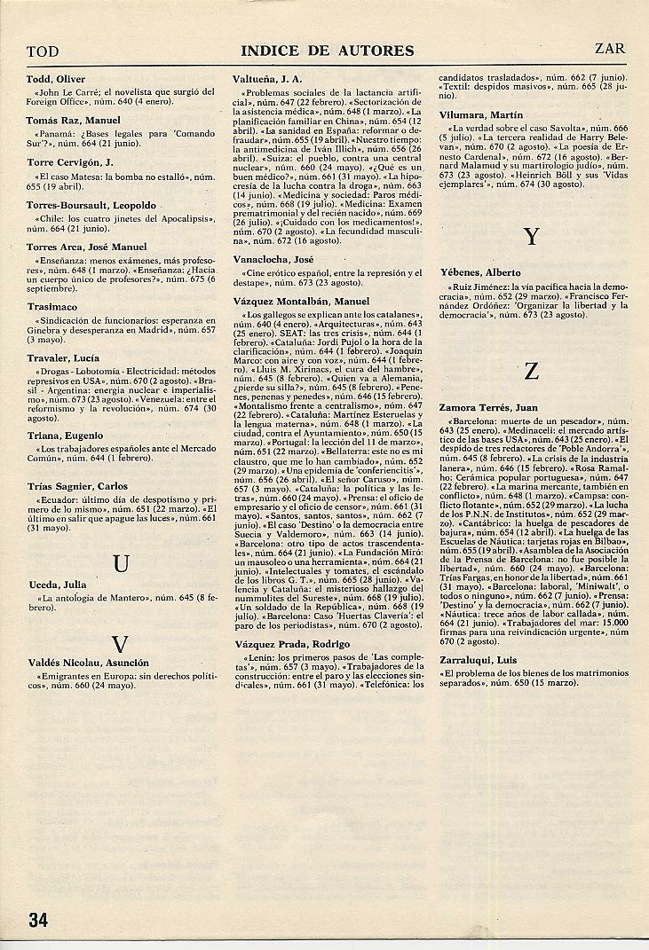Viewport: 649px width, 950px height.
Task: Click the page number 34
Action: point(37,918)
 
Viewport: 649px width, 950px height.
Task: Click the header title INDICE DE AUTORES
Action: point(328,51)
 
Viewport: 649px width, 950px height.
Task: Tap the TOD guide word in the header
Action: point(43,51)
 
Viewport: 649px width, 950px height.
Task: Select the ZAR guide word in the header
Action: point(610,50)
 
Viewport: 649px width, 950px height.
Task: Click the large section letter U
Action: point(122,563)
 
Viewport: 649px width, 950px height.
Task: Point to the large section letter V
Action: point(122,643)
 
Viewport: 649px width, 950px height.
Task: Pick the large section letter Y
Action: point(532,236)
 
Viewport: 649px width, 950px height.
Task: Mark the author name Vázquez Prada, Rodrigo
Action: point(292,644)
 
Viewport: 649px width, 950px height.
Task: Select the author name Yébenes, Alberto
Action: point(480,272)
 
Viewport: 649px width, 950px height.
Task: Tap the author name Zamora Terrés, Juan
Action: point(489,408)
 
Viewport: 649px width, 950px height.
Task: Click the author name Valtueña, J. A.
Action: point(267,78)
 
